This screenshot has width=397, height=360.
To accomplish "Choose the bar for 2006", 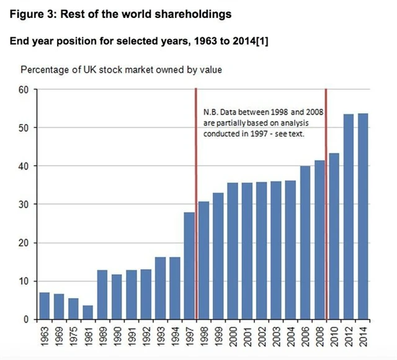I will coord(305,243).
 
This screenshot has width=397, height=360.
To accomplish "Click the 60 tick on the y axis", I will coord(25,89).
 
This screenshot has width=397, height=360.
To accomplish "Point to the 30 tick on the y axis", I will coord(25,204).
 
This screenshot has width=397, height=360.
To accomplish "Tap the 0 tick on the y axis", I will coord(28,319).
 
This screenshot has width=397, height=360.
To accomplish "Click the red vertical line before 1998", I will coord(197,205).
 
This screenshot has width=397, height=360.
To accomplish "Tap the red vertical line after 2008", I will coord(326,205).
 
